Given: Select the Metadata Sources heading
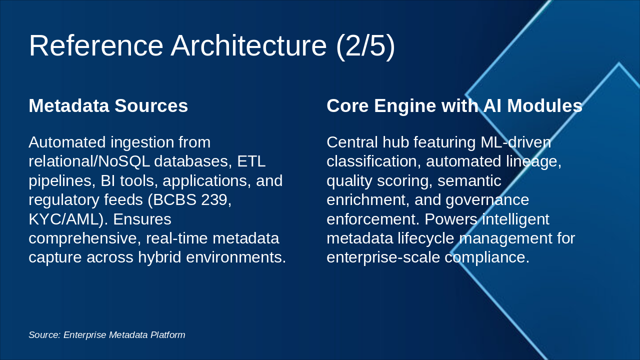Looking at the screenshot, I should [x=108, y=105].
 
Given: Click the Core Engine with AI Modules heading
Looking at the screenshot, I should [x=454, y=105].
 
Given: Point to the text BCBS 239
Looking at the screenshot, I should [x=192, y=199].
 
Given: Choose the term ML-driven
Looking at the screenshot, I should [x=515, y=142].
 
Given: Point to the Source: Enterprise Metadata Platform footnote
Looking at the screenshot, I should [x=106, y=334].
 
